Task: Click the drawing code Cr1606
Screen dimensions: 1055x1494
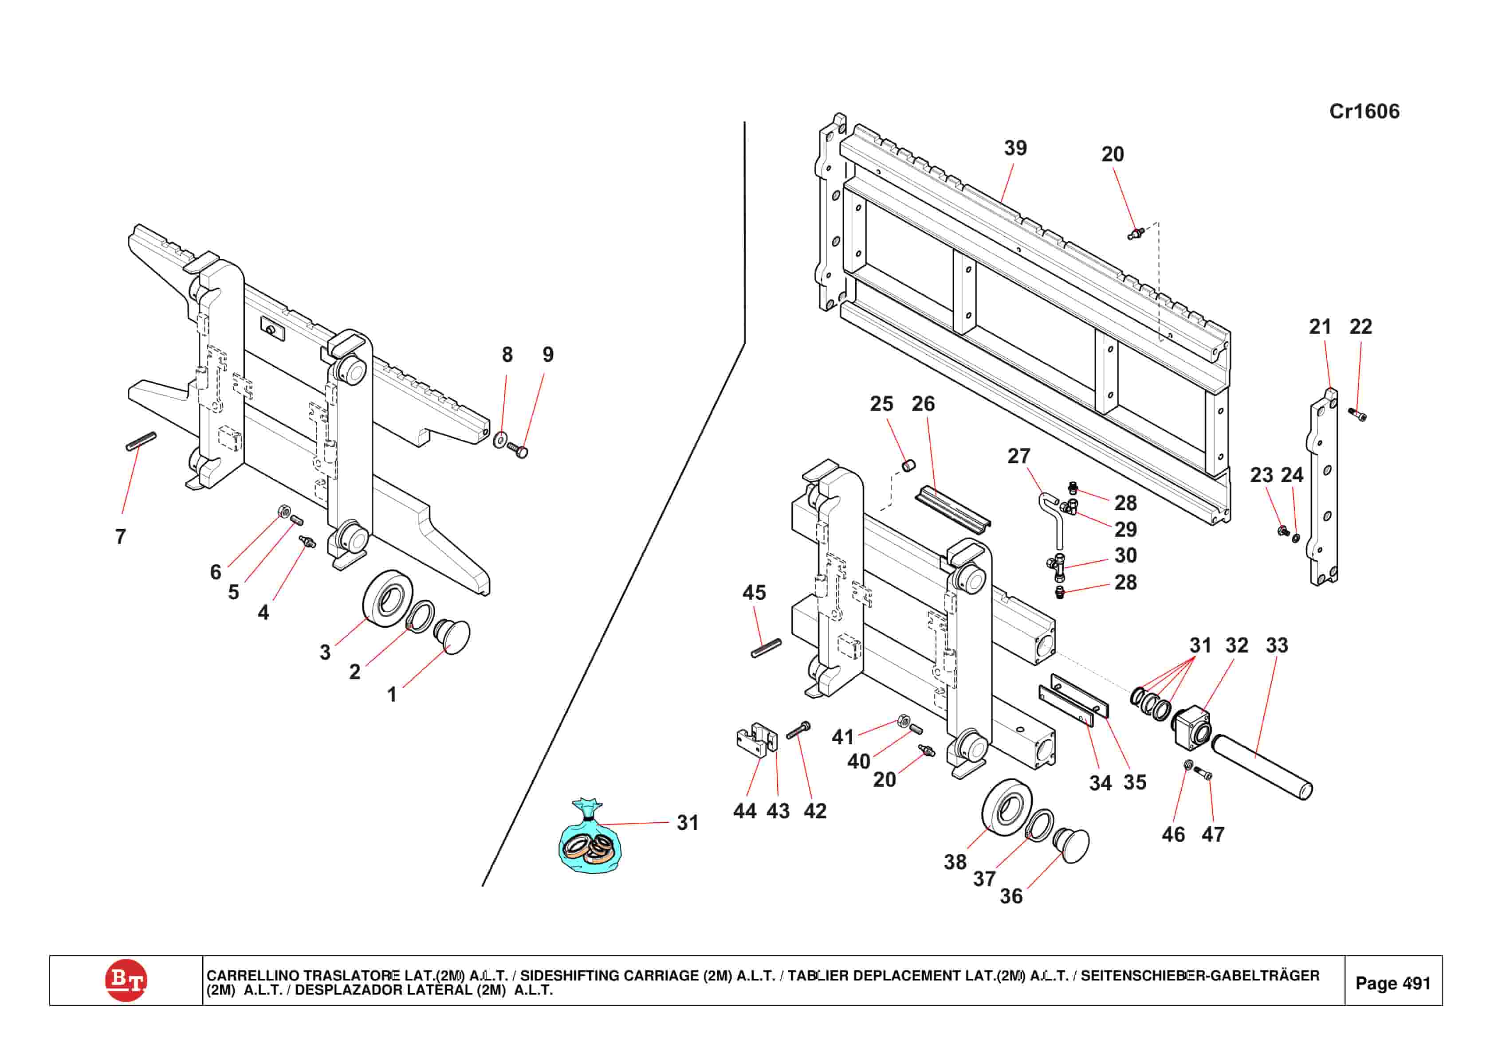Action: tap(1364, 111)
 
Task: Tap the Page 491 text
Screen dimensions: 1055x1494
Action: tap(1392, 983)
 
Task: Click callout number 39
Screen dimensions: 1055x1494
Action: tap(1015, 148)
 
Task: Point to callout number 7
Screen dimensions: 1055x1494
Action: tap(120, 537)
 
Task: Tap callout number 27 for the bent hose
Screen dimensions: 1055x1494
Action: tap(1018, 456)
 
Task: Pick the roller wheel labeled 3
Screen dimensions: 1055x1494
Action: tap(387, 598)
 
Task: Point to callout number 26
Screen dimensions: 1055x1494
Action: tap(923, 404)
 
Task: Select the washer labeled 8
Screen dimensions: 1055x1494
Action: tap(500, 440)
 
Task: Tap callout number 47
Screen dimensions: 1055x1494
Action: tap(1213, 835)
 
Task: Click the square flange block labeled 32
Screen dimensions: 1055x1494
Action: tap(1192, 727)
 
